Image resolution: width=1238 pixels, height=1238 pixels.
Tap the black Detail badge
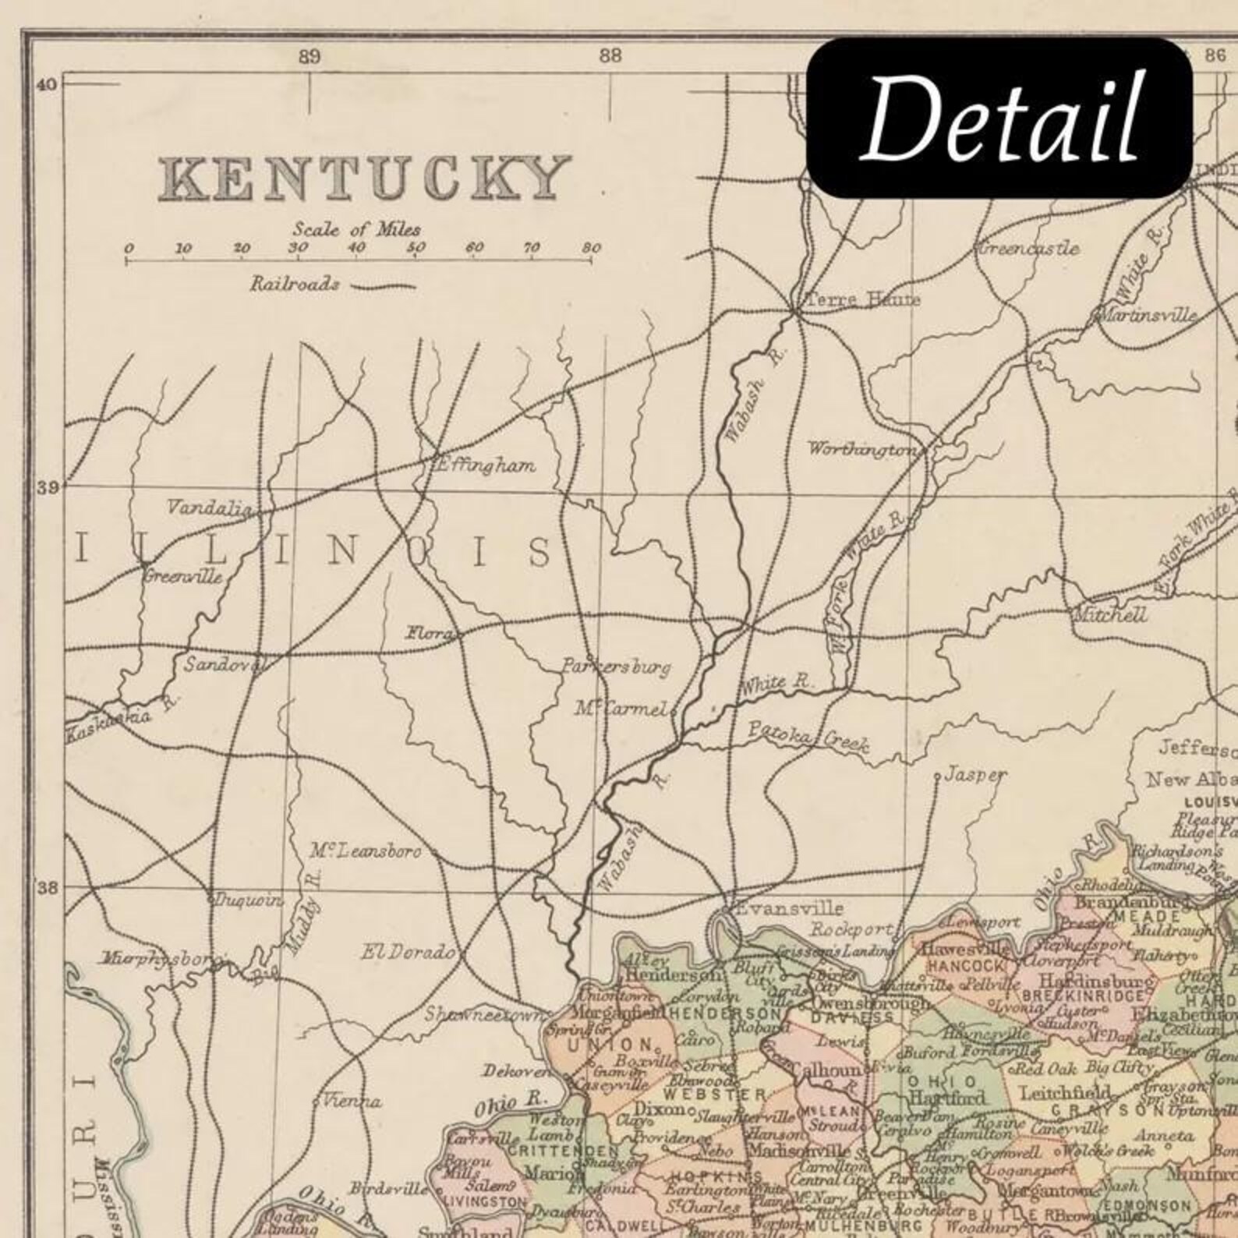coord(999,117)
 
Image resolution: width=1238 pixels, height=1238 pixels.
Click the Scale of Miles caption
coord(356,229)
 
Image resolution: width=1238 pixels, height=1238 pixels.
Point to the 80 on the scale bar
coord(591,249)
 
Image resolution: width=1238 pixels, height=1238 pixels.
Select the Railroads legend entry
coord(295,284)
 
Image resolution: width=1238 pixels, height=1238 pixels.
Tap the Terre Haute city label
coord(862,299)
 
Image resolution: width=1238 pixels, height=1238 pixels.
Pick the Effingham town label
coord(485,466)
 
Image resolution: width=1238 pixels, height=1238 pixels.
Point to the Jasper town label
coord(974,775)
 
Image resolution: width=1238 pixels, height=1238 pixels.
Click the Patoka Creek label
coord(808,736)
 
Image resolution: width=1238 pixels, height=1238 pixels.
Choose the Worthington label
coord(861,449)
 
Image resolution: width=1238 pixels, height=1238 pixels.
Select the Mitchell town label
coord(1110,614)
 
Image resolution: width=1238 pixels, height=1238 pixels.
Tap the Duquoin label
coord(249,900)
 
